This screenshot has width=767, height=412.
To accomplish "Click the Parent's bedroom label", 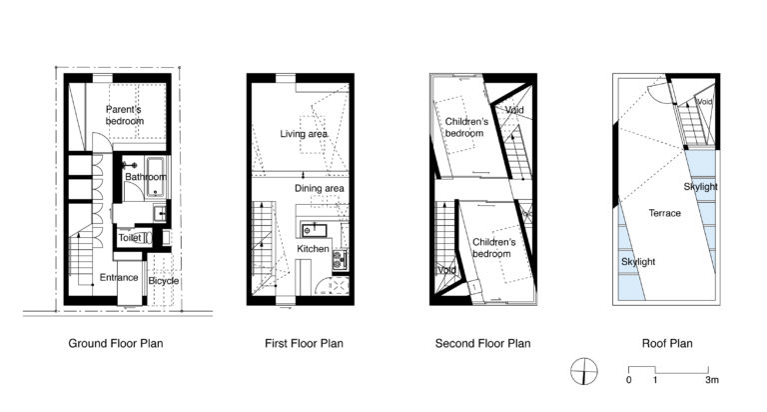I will tap(125, 115).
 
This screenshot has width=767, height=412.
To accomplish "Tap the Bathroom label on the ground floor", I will tap(145, 177).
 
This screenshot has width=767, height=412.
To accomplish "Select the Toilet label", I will tap(130, 238).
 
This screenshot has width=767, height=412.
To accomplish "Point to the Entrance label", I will tap(118, 277).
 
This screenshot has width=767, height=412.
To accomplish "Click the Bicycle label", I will tap(163, 281).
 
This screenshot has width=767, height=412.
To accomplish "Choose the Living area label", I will tap(304, 133).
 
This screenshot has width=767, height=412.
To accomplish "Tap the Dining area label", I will tap(320, 188).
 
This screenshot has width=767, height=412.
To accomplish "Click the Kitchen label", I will tap(313, 248).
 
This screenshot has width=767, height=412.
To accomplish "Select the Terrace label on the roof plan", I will tap(664, 213).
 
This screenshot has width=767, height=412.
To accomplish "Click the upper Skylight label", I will tap(701, 187).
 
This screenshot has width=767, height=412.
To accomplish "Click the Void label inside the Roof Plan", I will tap(705, 102).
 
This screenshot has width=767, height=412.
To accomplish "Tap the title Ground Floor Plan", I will tap(116, 343).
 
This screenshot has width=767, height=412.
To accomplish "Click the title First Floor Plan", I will tap(305, 343).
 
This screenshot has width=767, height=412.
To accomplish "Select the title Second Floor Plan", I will tap(483, 343).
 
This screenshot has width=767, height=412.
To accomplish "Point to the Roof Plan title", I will tap(666, 343).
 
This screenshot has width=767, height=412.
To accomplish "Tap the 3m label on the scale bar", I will tap(711, 381).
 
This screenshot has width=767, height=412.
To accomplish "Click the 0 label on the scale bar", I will tap(629, 381).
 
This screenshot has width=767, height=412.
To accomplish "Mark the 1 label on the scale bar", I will tap(655, 381).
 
